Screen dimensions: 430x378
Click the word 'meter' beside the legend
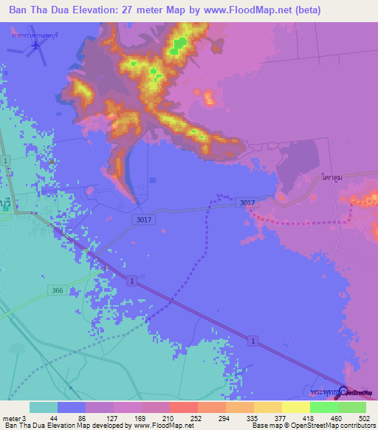point(10,417)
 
